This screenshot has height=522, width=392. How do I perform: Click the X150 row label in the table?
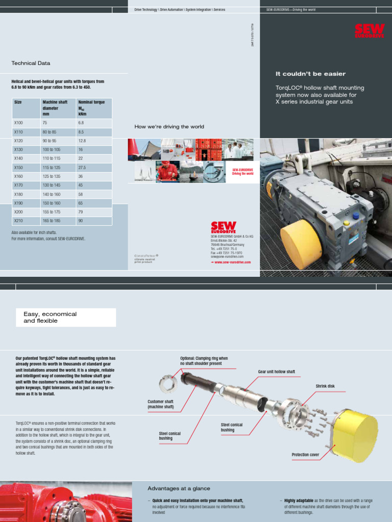point(18,167)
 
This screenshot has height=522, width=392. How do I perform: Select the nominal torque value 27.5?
point(82,167)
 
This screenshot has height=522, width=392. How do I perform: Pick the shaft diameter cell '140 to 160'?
point(52,194)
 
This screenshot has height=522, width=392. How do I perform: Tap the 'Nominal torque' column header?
point(91,102)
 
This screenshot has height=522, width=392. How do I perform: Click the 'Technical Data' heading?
point(31,63)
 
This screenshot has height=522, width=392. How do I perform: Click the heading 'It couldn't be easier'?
point(303,74)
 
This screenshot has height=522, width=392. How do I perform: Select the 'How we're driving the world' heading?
point(169,126)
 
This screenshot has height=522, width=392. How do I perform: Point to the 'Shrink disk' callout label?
point(325,386)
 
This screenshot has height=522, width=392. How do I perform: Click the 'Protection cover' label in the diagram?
point(305,454)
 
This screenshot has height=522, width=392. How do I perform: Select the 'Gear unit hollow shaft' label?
point(276,372)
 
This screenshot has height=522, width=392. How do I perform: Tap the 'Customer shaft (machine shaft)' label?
point(161,404)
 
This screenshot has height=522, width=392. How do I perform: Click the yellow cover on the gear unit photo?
point(301,243)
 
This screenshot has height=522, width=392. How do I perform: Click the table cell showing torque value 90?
point(81,221)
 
